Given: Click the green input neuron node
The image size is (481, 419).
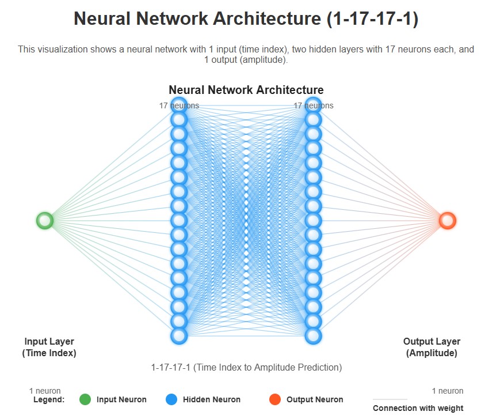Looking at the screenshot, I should [x=45, y=220].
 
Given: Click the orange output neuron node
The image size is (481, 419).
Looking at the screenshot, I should [x=447, y=220].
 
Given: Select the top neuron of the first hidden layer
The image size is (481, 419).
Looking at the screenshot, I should [x=179, y=105].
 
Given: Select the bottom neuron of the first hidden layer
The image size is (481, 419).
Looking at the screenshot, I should [x=179, y=335].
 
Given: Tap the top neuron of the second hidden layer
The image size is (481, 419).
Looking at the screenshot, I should [x=313, y=105].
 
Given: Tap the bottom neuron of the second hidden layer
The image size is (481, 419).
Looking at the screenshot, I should [x=313, y=335].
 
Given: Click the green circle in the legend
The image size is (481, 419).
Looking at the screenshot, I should [x=85, y=399].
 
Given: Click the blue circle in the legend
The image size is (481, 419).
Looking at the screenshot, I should [x=171, y=399].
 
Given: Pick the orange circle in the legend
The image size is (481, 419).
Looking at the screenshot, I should [x=275, y=399].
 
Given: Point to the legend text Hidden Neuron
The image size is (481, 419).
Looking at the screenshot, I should [x=212, y=399].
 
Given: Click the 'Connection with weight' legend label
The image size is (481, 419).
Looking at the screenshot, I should [x=418, y=409].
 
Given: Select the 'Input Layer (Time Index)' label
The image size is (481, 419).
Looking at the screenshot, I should [x=49, y=347].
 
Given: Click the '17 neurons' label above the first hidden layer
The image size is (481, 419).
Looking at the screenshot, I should [x=179, y=105].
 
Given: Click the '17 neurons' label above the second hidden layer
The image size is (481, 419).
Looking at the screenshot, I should [x=314, y=105].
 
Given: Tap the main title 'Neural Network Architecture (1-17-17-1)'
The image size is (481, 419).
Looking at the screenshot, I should [x=246, y=19].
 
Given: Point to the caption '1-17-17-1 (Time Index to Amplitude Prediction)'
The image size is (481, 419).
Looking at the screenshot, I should [x=246, y=367].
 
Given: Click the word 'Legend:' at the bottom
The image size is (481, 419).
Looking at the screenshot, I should [x=49, y=399].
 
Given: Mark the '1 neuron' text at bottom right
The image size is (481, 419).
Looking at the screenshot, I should [x=447, y=391].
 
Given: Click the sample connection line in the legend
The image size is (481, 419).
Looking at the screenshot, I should [x=390, y=399].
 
